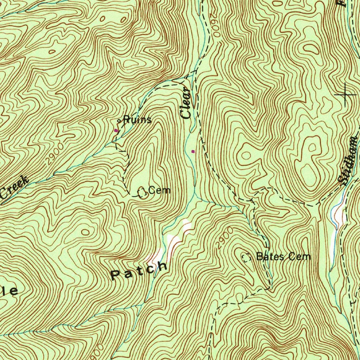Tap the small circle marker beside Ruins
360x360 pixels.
pos(119,121)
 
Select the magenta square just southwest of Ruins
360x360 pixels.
pos(116,130)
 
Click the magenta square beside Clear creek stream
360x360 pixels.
pos(193,151)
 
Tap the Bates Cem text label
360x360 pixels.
pos(283,256)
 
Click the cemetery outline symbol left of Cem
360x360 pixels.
pos(142,192)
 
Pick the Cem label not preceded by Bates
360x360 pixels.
pos(159,191)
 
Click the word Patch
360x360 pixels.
pos(139,270)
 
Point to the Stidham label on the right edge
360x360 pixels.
pos(349,160)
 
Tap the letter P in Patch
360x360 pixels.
pos(116,275)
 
